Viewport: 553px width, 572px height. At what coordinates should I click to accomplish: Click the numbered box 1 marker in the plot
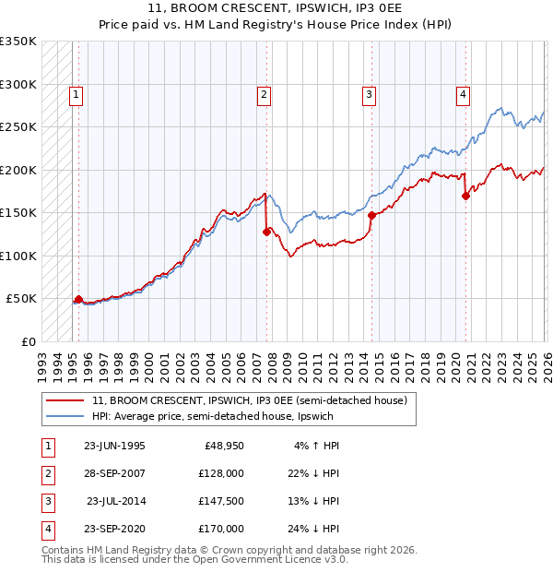[76, 92]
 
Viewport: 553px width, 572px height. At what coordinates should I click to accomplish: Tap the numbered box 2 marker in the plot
[264, 92]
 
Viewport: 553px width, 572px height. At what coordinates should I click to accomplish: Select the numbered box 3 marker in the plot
[369, 92]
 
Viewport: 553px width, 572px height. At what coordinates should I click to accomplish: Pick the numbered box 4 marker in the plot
[463, 92]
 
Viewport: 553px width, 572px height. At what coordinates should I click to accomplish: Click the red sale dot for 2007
[266, 232]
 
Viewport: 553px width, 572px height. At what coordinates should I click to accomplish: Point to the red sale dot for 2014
[371, 215]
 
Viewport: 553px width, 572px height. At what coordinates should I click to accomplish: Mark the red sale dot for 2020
[465, 196]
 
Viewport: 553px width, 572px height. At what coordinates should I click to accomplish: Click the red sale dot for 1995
[78, 299]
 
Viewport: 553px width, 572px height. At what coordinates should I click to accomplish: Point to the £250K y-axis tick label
[18, 127]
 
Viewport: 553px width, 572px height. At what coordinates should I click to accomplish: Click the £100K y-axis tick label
[18, 256]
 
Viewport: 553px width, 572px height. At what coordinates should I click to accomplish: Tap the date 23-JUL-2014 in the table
[115, 503]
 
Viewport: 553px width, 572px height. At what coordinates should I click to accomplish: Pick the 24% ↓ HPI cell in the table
[314, 529]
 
